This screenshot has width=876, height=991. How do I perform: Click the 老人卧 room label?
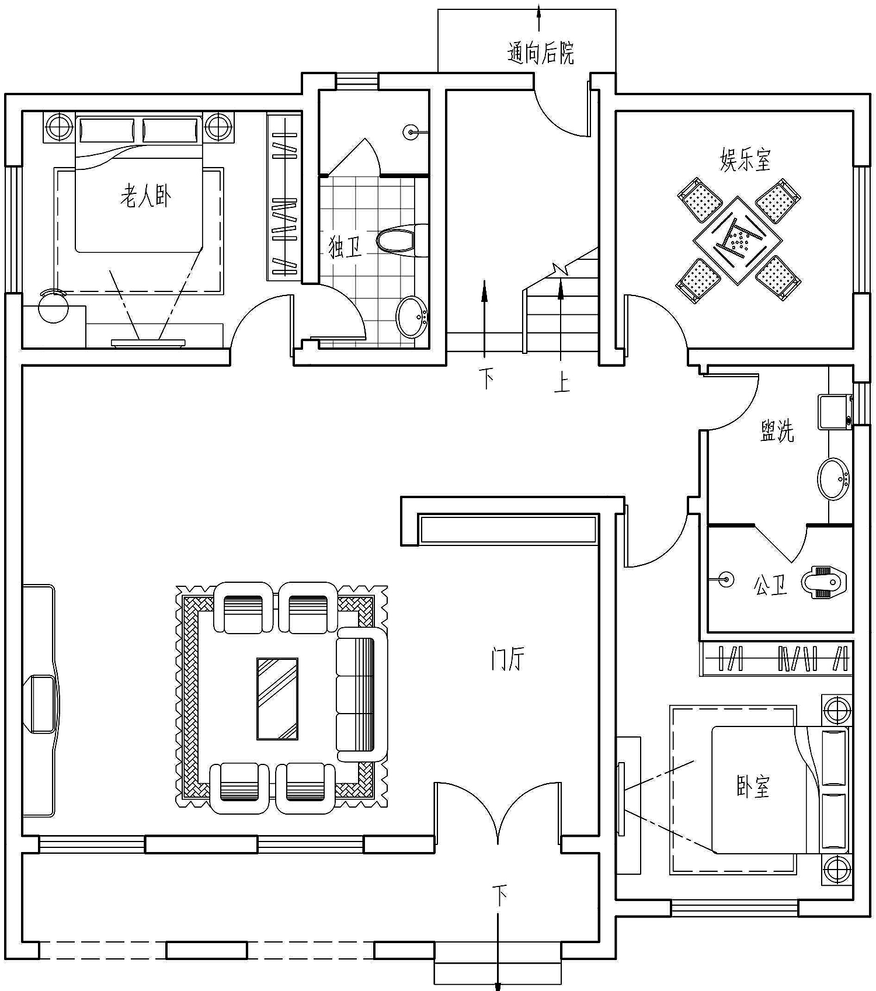point(146,196)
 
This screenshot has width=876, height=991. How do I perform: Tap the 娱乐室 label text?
point(746,159)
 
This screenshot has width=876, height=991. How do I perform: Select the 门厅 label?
point(507,659)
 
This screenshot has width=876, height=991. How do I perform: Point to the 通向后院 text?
point(541,53)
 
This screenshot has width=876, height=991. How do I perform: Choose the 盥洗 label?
point(777,431)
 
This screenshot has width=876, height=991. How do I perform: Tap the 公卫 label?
point(770,585)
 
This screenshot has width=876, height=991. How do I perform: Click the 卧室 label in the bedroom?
point(753,787)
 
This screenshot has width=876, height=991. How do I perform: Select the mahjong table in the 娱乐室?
point(738,240)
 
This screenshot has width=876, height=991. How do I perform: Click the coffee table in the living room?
point(277,698)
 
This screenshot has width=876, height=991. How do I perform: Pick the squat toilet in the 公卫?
point(824,581)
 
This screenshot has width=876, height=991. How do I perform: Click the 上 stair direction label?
point(562,383)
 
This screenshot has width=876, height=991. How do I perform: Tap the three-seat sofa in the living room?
point(362,694)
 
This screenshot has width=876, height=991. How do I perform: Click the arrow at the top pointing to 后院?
point(538,18)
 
